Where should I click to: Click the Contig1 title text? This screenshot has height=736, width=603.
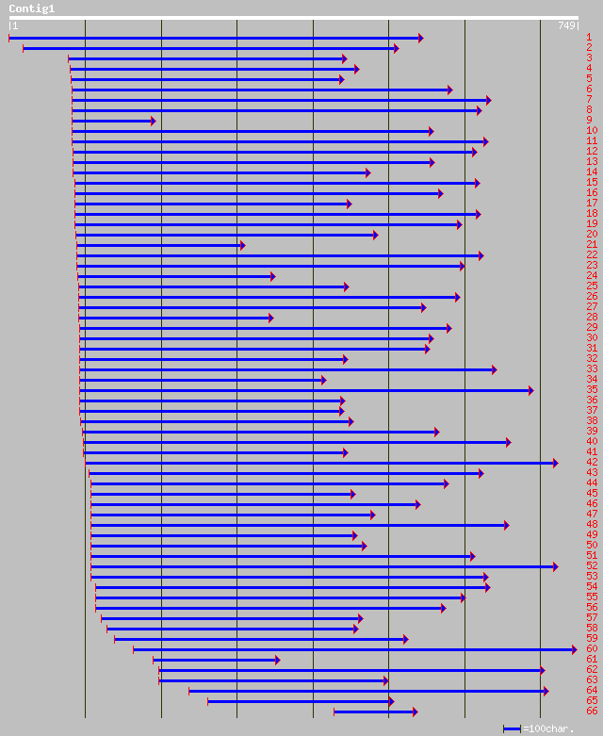32,8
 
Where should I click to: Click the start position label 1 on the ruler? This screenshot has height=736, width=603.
14,25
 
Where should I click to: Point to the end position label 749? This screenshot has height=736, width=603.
566,25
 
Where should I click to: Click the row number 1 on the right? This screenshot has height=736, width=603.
589,37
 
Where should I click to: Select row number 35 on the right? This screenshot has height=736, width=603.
592,389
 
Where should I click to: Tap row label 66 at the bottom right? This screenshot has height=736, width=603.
592,711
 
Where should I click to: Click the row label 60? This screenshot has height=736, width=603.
592,648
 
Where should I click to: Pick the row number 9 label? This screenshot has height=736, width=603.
589,120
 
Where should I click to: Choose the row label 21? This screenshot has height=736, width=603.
592,244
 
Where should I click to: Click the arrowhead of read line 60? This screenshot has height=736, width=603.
574,648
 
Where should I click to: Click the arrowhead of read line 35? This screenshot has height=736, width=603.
531,390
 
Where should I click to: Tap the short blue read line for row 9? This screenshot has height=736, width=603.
112,121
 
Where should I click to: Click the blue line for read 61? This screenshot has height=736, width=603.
215,660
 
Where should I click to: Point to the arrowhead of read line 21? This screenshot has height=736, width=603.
242,245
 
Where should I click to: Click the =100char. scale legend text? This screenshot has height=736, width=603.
549,728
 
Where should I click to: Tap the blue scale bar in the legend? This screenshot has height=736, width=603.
512,728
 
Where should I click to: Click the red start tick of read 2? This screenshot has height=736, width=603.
23,48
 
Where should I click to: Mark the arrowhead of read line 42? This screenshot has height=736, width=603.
555,463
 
